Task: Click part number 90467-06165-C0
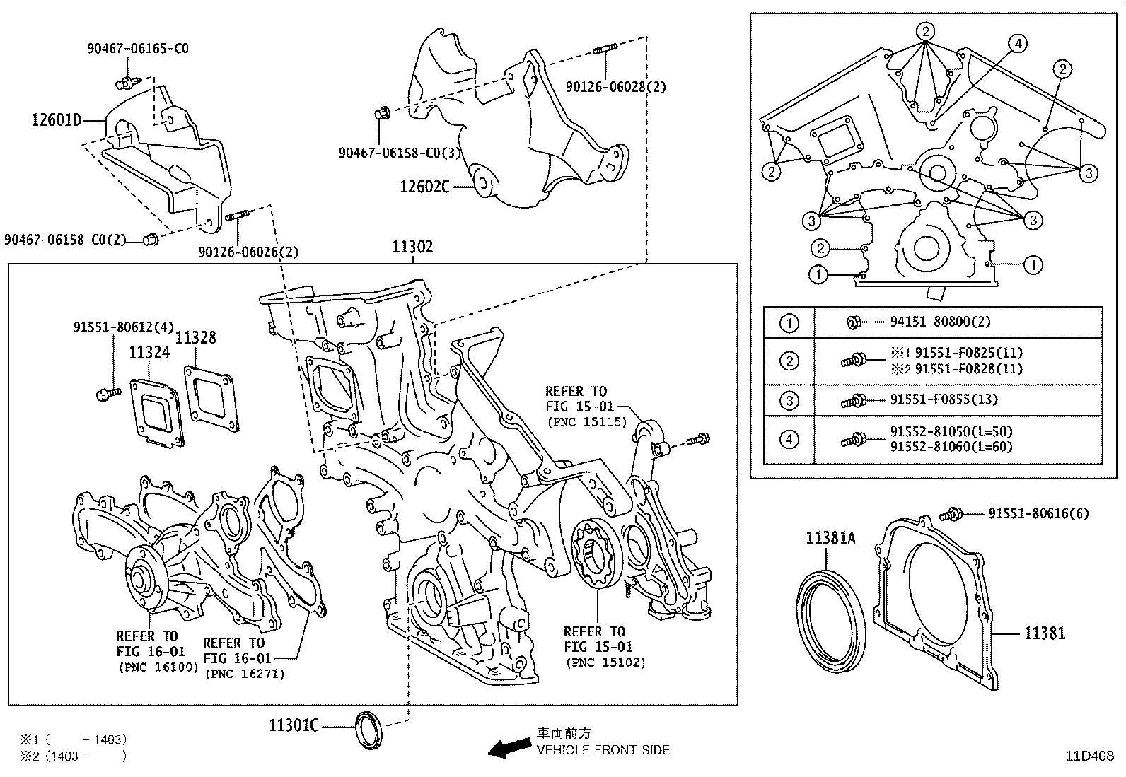138,49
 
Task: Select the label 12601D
56,119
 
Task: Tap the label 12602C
424,187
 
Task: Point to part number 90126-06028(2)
615,87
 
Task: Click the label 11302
413,247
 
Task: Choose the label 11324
149,352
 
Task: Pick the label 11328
196,338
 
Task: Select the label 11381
1045,633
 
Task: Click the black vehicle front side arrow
509,748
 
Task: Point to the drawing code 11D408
1090,756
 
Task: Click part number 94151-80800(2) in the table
940,322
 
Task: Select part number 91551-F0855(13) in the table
944,399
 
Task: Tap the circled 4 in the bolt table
789,440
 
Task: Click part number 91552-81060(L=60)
951,447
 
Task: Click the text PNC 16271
245,674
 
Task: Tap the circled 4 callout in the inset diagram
1016,44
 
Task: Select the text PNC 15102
605,663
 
